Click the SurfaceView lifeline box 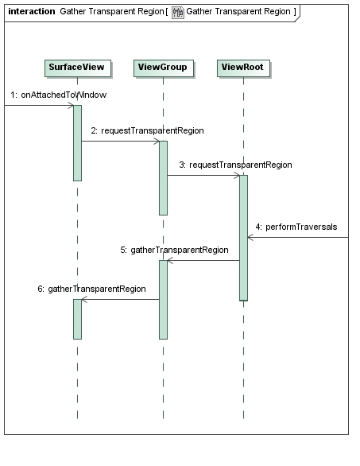pos(78,68)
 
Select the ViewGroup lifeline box pos(164,68)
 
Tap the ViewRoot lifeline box pos(243,68)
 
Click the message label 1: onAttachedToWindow pos(59,95)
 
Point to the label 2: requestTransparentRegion pos(147,130)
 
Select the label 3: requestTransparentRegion pos(235,165)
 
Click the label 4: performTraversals pos(296,227)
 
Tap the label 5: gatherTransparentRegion pos(174,250)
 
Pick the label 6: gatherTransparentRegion pos(91,289)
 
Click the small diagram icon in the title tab pos(178,13)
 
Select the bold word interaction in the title pos(32,11)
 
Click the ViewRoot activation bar pos(243,238)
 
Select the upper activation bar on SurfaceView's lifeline pos(78,143)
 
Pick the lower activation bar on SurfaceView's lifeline pos(78,319)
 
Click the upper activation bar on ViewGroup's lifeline pos(164,178)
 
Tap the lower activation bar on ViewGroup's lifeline pos(164,300)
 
